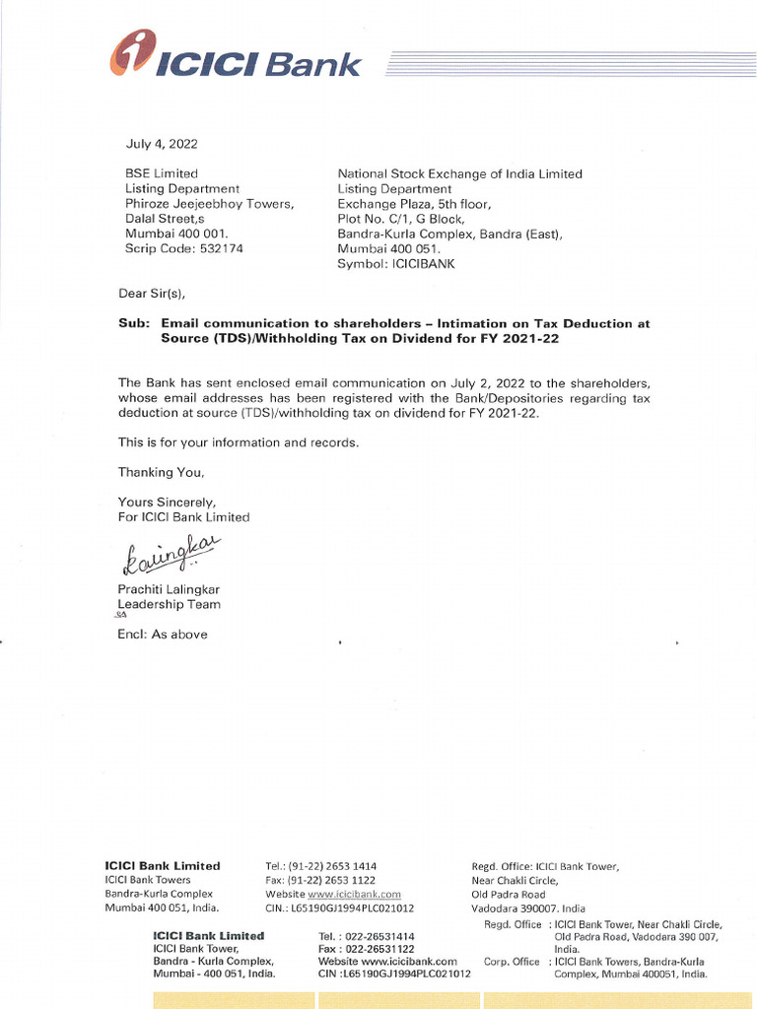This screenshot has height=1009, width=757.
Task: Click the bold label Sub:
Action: [133, 323]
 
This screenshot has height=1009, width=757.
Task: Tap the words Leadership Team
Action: [169, 604]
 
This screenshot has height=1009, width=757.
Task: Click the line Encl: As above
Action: [163, 635]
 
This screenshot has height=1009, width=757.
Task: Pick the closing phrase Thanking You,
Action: [161, 472]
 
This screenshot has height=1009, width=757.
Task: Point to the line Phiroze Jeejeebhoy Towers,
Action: [209, 204]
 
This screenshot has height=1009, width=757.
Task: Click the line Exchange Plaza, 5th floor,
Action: [414, 204]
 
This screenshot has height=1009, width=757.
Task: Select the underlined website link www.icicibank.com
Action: [355, 894]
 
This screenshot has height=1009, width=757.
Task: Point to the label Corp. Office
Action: [512, 961]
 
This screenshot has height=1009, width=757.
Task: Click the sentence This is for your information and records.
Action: [238, 442]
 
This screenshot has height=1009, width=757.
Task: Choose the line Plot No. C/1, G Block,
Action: [400, 219]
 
